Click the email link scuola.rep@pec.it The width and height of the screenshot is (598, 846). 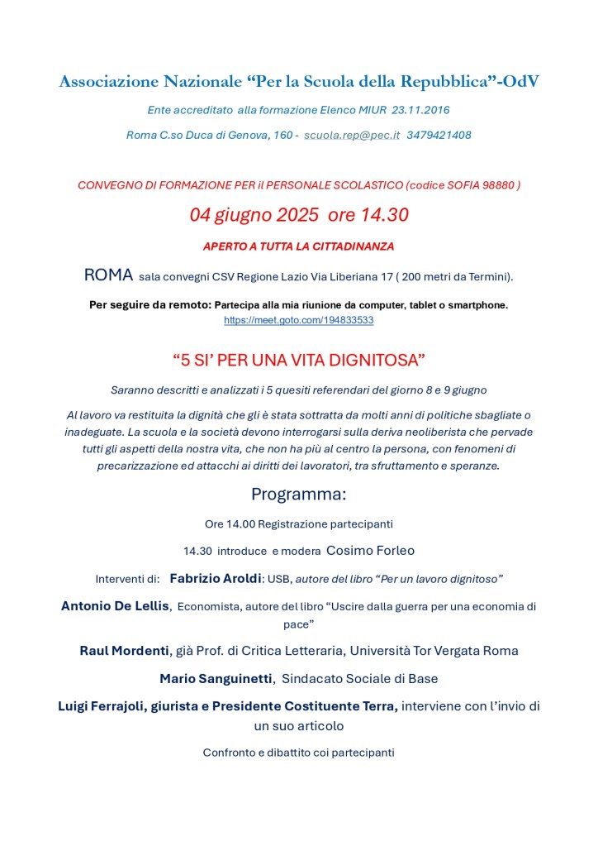point(352,135)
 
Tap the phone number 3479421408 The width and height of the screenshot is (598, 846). point(439,135)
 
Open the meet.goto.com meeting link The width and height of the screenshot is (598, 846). point(298,319)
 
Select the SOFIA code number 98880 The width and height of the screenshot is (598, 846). point(496,185)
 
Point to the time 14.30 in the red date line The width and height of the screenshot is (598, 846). point(380,215)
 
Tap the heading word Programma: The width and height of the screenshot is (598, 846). point(298,495)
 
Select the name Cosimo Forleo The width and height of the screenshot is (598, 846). point(370,551)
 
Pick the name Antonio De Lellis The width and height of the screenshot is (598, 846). point(116,606)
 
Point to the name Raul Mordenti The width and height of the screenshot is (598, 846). point(124,651)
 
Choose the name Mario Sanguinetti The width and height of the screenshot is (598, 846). point(216,679)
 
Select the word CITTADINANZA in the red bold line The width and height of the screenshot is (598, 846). point(345,246)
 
